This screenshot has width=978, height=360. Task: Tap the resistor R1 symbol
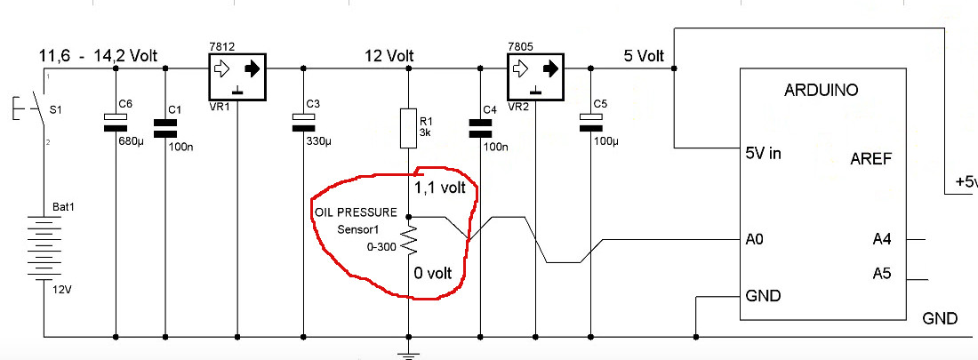pos(408,128)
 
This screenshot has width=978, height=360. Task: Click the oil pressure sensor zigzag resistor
pos(408,237)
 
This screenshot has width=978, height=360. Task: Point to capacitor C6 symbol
pos(116,122)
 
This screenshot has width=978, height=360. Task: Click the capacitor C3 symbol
pos(305,122)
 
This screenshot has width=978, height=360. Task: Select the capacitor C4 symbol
pos(480,127)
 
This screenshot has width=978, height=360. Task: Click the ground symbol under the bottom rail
pos(408,353)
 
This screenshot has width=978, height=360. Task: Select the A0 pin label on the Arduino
pos(754,239)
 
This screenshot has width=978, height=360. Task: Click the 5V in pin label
pos(763,153)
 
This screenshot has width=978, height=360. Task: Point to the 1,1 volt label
pos(440,188)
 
